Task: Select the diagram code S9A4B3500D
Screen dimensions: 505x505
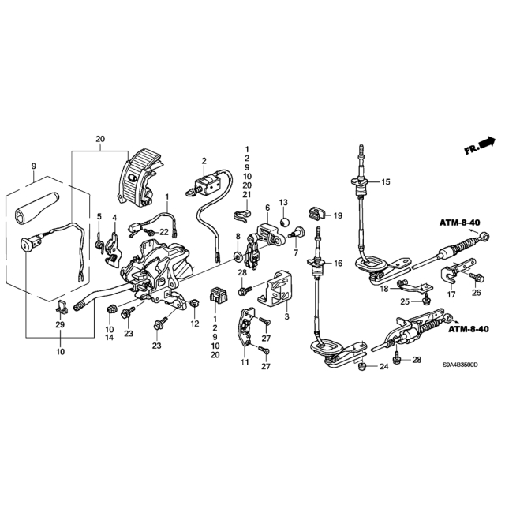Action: tap(459, 365)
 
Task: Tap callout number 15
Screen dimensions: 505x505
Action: tap(386, 182)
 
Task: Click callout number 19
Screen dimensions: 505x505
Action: tap(338, 215)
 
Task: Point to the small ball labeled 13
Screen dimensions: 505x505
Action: tap(284, 222)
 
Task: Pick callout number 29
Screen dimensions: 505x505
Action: tap(60, 324)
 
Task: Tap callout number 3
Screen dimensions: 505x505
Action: tap(286, 316)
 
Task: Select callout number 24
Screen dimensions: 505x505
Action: tap(384, 366)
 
